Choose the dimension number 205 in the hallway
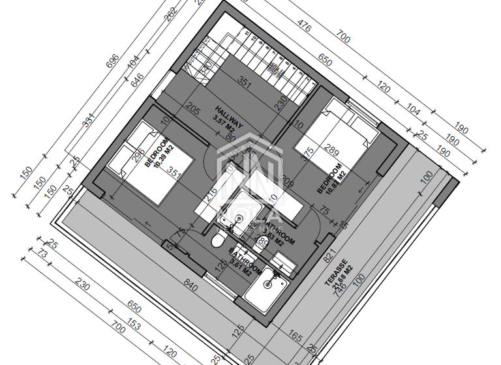coord(192,109)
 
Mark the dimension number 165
coord(296,337)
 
